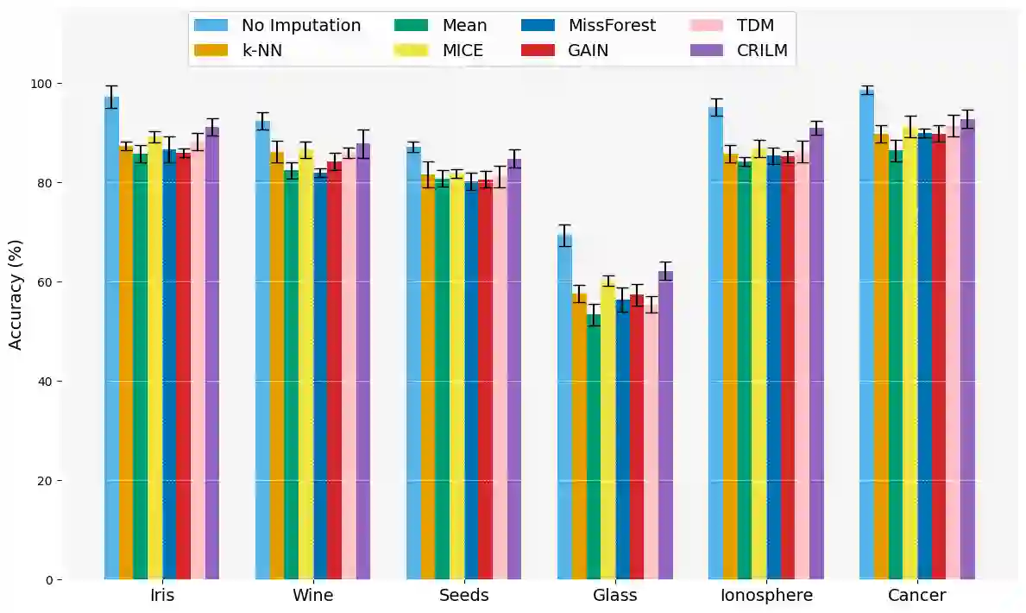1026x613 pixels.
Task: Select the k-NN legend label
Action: click(x=261, y=50)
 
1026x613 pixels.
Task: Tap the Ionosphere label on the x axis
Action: click(x=766, y=596)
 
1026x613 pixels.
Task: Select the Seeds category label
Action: click(x=463, y=596)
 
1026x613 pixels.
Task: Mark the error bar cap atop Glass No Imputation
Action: click(x=564, y=224)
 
